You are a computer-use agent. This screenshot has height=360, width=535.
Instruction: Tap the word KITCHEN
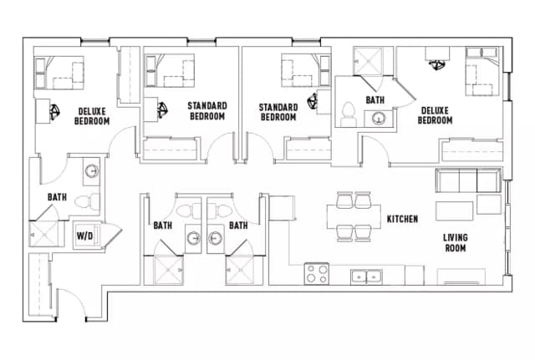(x=401, y=219)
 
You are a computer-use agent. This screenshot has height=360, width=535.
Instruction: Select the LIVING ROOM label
(x=456, y=242)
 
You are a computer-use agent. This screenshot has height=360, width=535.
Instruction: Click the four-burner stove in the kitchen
(x=316, y=273)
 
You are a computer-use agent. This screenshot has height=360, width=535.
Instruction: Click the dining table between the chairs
(x=354, y=215)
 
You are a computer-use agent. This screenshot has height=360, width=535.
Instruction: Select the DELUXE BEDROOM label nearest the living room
(x=435, y=115)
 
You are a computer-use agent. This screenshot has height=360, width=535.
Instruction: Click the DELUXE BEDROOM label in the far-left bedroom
(x=93, y=116)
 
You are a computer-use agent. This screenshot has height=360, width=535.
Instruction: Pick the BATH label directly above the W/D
(x=57, y=198)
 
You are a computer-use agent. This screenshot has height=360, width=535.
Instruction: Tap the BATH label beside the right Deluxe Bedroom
(x=375, y=100)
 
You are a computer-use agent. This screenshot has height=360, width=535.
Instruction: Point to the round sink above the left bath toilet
(x=90, y=173)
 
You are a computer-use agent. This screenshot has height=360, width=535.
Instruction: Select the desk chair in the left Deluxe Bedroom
(x=53, y=110)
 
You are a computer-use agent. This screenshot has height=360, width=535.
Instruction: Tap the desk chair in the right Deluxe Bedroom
(x=436, y=66)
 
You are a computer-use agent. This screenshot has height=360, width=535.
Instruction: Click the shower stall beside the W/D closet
(x=46, y=234)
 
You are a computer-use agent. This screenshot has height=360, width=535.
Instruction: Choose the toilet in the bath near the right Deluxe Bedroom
(x=349, y=112)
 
